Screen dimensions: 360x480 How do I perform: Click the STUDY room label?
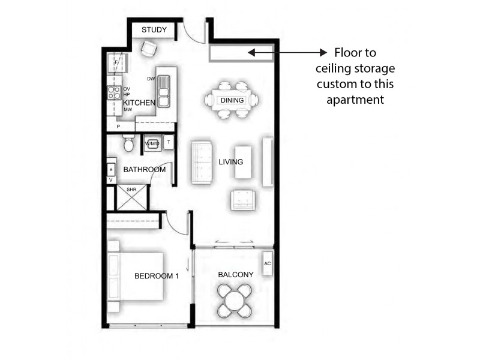pos(154,30)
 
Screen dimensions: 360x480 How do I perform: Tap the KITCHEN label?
pos(139,103)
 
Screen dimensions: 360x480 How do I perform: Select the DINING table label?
pos(232,100)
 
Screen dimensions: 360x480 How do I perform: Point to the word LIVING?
pos(231,162)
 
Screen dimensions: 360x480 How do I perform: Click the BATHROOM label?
pos(144,170)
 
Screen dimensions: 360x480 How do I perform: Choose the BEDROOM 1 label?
pos(157,276)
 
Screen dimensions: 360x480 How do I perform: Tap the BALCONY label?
pos(235,274)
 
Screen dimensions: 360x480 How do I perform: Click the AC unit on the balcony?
pos(268,263)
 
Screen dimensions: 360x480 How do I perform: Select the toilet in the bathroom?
pos(128,144)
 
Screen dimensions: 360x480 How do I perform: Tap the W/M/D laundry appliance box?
pos(151,143)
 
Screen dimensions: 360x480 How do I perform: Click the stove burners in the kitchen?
pos(113,92)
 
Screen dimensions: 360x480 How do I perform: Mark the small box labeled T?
pos(169,142)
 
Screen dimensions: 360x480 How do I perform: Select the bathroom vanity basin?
pos(111,169)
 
